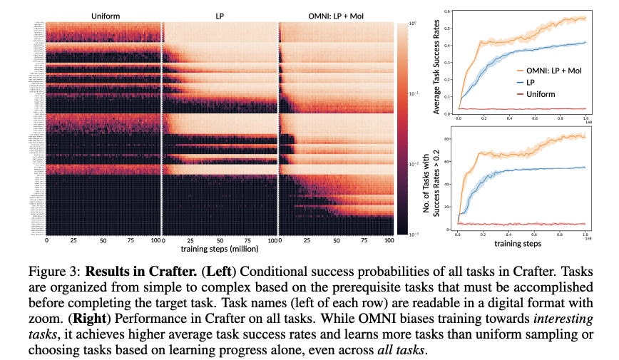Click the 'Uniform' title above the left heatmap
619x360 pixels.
103,15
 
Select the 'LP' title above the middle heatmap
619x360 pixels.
220,15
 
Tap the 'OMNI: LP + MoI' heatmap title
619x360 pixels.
335,15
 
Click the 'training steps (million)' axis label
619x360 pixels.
220,251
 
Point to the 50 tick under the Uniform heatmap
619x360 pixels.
103,242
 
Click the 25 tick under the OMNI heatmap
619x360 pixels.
307,242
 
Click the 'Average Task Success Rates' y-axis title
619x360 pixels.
429,62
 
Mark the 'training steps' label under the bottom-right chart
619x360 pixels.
517,243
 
